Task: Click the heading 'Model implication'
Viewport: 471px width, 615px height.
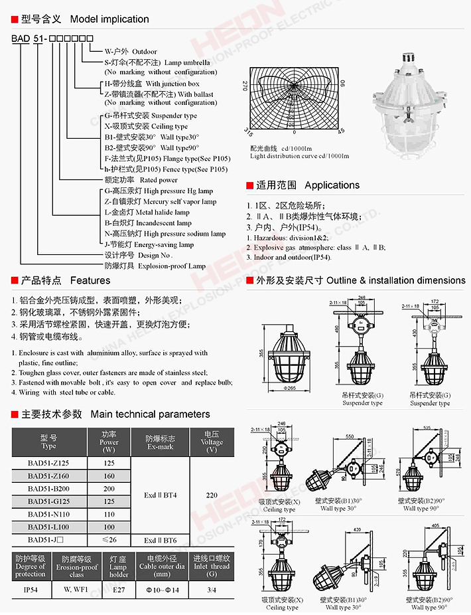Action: click(109, 19)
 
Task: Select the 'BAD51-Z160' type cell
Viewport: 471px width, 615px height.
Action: click(48, 476)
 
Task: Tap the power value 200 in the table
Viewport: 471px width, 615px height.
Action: click(109, 489)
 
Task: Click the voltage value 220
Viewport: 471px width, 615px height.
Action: click(212, 495)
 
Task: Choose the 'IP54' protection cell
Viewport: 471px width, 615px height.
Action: click(31, 589)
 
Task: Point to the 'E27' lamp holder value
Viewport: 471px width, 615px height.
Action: click(119, 589)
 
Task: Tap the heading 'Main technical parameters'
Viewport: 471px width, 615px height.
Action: click(150, 414)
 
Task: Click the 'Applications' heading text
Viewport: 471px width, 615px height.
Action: click(332, 185)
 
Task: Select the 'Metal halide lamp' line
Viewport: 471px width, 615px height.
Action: click(147, 213)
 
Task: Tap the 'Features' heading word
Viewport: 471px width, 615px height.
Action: click(90, 281)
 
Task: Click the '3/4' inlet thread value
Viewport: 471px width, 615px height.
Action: click(212, 589)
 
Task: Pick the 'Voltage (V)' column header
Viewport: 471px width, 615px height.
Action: click(212, 442)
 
